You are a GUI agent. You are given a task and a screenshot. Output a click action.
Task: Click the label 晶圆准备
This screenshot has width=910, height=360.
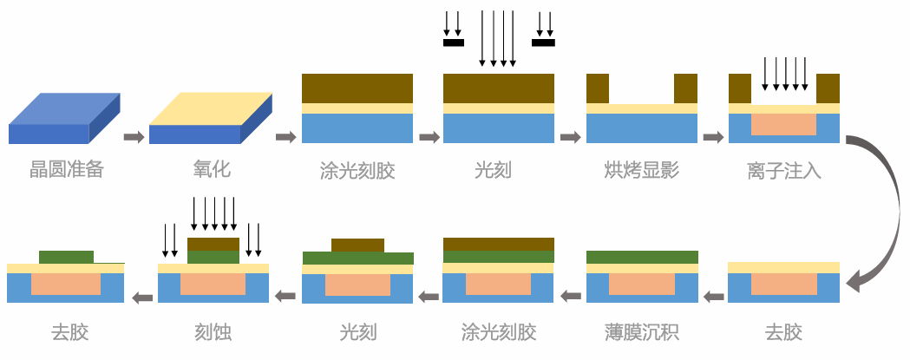point(66,169)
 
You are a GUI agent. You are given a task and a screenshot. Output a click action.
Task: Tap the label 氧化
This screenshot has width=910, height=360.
point(211,169)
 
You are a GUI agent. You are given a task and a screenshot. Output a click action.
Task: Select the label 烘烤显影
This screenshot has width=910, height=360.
point(641,169)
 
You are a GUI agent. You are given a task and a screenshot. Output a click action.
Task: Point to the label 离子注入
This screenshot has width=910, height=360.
point(783,169)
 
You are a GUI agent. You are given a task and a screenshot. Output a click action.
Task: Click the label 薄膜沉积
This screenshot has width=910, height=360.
point(641,331)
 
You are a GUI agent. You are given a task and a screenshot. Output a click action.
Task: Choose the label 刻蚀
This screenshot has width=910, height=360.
point(213,331)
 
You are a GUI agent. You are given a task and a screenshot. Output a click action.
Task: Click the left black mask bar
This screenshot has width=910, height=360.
point(454,41)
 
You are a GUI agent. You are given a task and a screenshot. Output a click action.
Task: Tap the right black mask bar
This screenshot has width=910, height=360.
point(543,41)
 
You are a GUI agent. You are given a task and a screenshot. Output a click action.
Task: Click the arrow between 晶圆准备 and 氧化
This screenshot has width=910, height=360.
point(134,137)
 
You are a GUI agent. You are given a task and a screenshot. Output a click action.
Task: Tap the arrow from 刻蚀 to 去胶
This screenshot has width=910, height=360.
point(142,298)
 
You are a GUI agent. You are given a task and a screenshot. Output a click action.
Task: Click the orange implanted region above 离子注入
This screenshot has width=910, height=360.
point(783,124)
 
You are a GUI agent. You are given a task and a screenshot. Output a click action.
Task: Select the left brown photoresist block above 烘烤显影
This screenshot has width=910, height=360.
point(598,88)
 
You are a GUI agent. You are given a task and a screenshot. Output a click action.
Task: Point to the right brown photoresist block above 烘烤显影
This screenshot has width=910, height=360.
point(685,88)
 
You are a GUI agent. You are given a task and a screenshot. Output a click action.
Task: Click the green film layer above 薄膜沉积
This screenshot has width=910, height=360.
point(642,257)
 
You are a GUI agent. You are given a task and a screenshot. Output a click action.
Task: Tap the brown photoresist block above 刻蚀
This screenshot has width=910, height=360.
point(213,244)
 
